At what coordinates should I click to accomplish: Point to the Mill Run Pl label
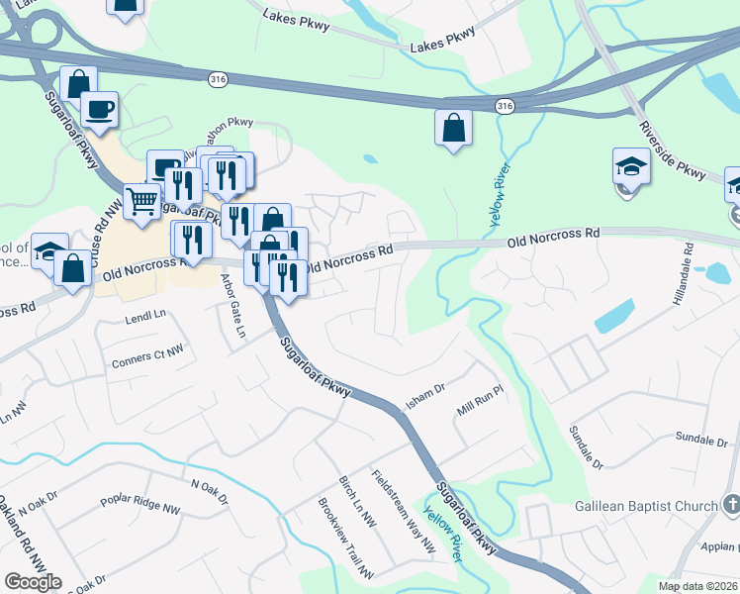[x=480, y=403]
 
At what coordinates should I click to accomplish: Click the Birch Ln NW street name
[x=357, y=500]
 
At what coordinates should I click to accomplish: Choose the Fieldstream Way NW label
[x=403, y=509]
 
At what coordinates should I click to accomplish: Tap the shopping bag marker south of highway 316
[x=452, y=127]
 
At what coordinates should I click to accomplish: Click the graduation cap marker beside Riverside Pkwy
[x=630, y=166]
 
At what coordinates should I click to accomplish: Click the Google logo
[x=33, y=582]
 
